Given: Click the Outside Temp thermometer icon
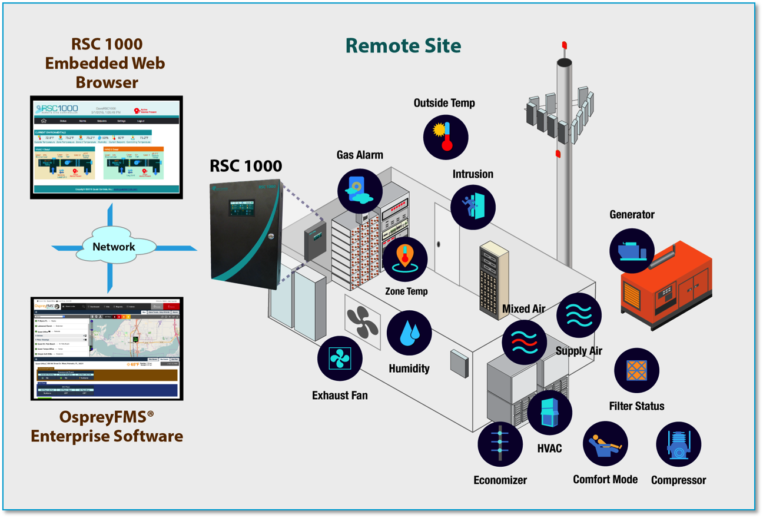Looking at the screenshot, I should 446,137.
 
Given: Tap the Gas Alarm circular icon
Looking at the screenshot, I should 360,191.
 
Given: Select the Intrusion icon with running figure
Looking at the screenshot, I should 473,207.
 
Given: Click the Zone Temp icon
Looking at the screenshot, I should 405,260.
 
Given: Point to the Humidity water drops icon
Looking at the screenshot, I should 409,333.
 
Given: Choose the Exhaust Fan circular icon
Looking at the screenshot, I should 340,358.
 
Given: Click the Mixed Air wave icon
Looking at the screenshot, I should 524,342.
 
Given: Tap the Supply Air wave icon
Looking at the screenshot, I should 579,316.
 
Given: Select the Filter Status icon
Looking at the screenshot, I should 636,371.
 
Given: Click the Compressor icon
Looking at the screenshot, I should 678,444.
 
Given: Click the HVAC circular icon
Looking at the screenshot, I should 549,412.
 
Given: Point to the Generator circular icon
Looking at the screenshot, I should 632,251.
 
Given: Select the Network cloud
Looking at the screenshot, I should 113,247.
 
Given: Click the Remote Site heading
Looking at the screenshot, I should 403,45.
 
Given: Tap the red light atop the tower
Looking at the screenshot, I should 564,45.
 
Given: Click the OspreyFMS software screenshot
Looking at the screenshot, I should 107,348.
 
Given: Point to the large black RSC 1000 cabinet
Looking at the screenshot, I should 246,233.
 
